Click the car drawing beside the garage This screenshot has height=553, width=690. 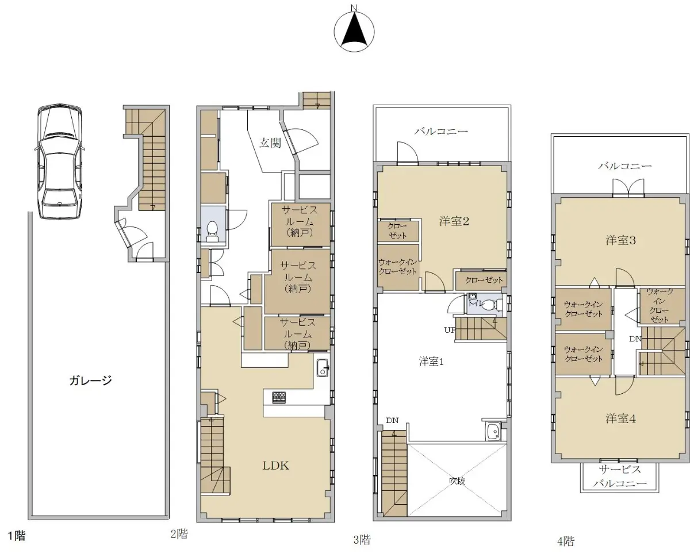pos(60,162)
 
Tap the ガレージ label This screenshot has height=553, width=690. pos(90,381)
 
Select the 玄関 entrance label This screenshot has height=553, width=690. pos(270,143)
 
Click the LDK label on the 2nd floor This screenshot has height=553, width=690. pos(275,466)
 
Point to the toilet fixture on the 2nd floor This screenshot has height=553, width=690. pos(212,232)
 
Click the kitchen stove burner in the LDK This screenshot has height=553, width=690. pos(279,398)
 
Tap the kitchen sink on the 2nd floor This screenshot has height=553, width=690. pos(323,368)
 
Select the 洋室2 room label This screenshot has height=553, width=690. pos(454,221)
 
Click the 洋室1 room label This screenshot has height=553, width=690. pos(431,362)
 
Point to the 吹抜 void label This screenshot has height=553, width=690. pos(457,481)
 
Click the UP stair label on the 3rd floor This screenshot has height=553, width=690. pos(449,330)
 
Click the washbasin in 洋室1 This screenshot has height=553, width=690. pos(493,432)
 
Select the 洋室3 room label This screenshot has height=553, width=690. pos(621,240)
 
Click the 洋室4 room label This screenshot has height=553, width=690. pos(621,418)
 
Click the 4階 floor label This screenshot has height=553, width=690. pos(566,542)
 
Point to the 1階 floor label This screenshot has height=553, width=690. pos(16,536)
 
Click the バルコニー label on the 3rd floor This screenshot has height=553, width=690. pos(441,131)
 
